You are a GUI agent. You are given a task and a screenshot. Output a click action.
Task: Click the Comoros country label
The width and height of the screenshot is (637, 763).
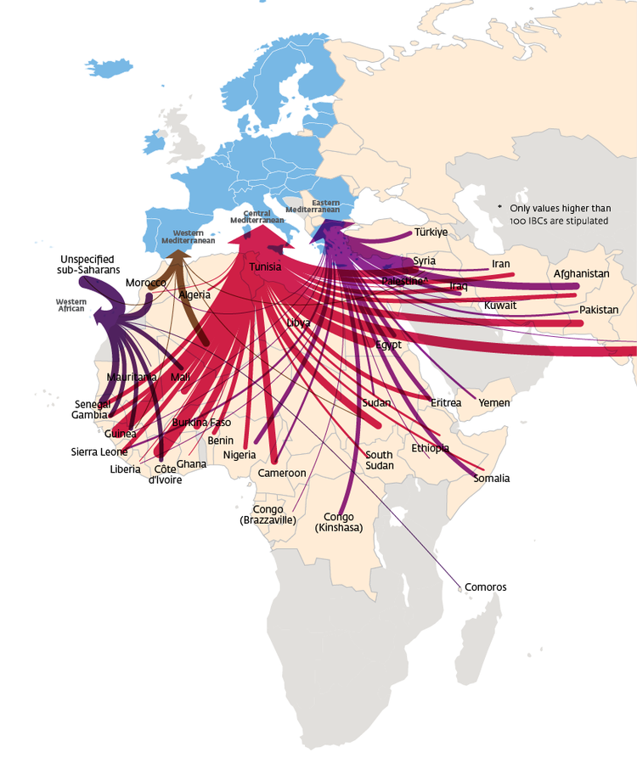click(486, 587)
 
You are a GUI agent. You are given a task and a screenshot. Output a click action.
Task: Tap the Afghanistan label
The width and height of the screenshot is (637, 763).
click(581, 274)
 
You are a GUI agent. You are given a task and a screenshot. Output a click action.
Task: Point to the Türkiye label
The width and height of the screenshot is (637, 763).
click(431, 233)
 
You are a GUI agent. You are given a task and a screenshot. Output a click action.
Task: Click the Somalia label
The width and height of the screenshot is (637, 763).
click(492, 479)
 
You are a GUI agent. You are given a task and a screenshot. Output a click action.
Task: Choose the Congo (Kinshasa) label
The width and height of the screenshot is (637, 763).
click(339, 522)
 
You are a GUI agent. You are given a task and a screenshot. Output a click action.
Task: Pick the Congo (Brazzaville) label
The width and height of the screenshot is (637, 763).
click(268, 514)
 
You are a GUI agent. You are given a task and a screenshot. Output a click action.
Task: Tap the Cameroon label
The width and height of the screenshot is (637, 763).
click(282, 473)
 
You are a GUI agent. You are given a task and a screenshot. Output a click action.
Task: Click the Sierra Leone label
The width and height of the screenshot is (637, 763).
click(99, 452)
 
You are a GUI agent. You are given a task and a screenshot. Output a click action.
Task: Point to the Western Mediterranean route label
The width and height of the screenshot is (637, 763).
click(189, 236)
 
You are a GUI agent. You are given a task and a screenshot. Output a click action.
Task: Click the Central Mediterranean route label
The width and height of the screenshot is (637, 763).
click(256, 216)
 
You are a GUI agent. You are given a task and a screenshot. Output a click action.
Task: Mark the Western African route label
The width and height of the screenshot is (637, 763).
click(70, 304)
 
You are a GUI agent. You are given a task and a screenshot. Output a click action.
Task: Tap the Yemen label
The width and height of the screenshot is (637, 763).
click(494, 403)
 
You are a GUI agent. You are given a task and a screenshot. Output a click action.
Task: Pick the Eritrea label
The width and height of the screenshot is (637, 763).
click(446, 403)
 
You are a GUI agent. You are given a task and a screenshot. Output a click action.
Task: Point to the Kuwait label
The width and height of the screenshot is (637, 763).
click(500, 306)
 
